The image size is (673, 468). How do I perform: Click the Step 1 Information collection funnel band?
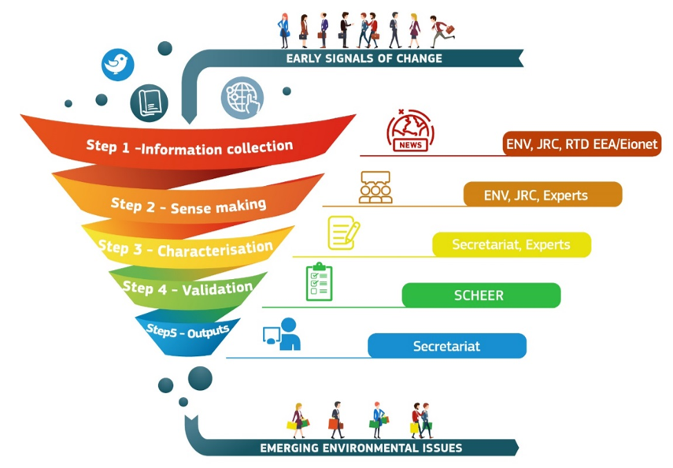[189, 146]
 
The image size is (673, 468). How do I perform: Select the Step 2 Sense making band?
[189, 205]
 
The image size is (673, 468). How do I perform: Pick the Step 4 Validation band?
[187, 288]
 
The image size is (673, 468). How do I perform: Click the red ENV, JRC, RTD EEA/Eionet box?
[582, 143]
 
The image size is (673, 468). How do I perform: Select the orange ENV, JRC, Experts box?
[542, 195]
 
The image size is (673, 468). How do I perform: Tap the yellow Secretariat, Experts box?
[511, 244]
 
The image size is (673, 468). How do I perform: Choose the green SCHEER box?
[480, 295]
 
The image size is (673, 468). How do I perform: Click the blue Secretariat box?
[446, 346]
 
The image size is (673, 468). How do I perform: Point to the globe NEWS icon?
[410, 130]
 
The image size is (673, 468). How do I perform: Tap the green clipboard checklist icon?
[319, 282]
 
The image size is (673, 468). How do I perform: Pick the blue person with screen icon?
[283, 334]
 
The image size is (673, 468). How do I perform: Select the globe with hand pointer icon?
[242, 97]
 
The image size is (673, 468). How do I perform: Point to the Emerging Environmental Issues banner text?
[361, 448]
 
